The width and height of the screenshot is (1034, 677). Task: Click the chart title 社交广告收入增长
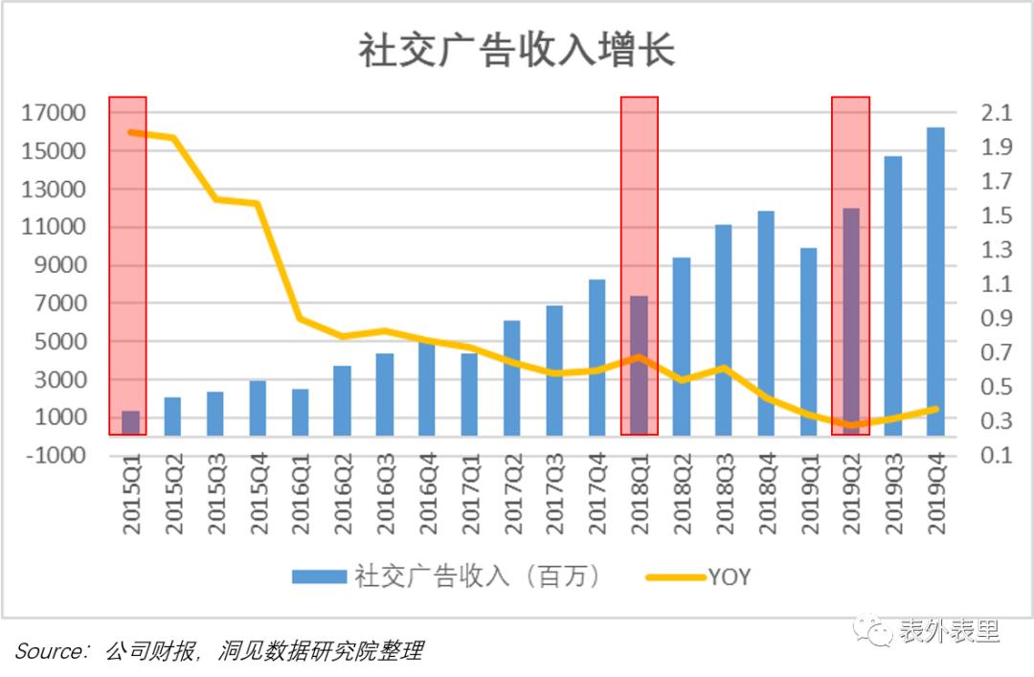(517, 51)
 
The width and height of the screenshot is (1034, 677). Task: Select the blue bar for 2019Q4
(935, 282)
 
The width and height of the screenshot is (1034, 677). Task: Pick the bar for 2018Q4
(767, 323)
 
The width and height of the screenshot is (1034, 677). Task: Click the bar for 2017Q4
(597, 357)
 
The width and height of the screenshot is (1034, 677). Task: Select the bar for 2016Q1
(301, 412)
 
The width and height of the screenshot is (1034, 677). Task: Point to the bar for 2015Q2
(173, 416)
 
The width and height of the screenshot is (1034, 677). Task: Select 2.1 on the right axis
(997, 114)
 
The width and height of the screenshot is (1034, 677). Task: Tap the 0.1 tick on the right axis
(997, 456)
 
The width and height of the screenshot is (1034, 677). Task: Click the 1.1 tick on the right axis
(997, 284)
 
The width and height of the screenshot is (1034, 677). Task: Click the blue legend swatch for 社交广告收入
(319, 575)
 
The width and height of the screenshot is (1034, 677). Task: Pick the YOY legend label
(730, 576)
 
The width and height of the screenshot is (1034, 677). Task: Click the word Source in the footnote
(51, 652)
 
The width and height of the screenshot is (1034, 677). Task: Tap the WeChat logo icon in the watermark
(872, 628)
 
